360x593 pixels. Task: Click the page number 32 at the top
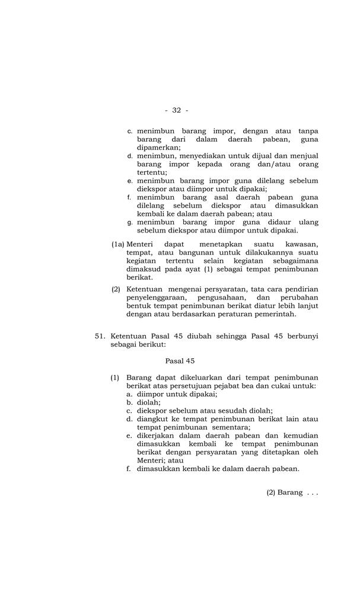coord(176,110)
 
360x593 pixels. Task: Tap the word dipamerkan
coord(158,147)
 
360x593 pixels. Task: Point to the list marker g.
coord(130,222)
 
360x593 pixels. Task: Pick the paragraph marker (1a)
coord(118,244)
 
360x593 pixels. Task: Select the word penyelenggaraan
coord(156,297)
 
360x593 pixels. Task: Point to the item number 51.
coord(100,335)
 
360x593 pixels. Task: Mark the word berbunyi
coord(301,335)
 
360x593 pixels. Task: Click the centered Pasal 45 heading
coord(180,360)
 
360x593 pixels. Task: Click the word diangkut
coord(152,419)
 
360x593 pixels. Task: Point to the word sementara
coord(228,427)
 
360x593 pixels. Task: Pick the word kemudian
coord(300,435)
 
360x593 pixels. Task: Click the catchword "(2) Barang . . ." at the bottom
coord(292,492)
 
